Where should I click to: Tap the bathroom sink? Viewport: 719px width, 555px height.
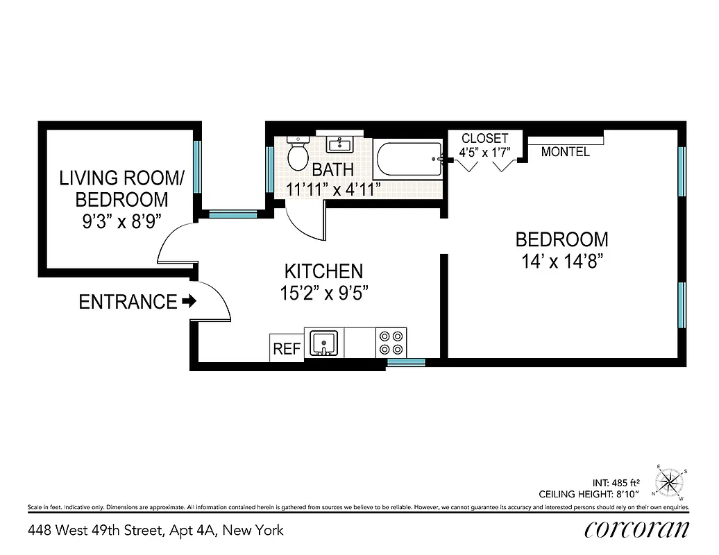coord(340,145)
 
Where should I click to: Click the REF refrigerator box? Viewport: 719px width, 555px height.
coord(287,348)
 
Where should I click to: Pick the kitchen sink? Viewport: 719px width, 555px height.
coord(324,343)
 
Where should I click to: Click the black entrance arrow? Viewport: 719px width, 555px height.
coord(189,302)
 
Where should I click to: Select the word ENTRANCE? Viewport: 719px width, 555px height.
coord(128,302)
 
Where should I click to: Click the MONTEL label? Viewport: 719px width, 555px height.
coord(565,152)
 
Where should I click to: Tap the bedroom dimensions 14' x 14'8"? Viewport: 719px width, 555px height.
coord(561,262)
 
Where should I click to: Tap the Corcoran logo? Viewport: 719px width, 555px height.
coord(636,530)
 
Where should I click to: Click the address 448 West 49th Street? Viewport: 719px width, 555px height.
coord(155,531)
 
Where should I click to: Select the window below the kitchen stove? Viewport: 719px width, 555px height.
coord(406,361)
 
